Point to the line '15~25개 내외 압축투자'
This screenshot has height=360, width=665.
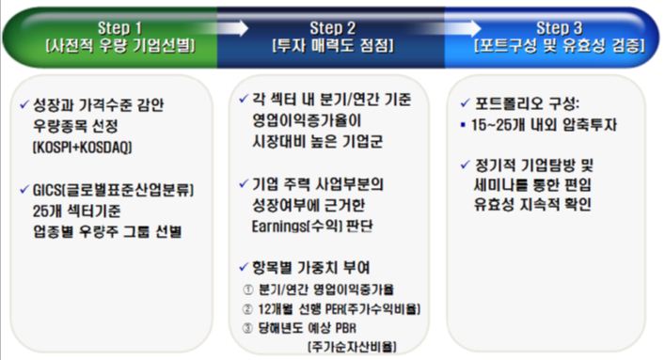[x=539, y=123]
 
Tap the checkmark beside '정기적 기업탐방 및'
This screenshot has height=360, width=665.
[x=467, y=164]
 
